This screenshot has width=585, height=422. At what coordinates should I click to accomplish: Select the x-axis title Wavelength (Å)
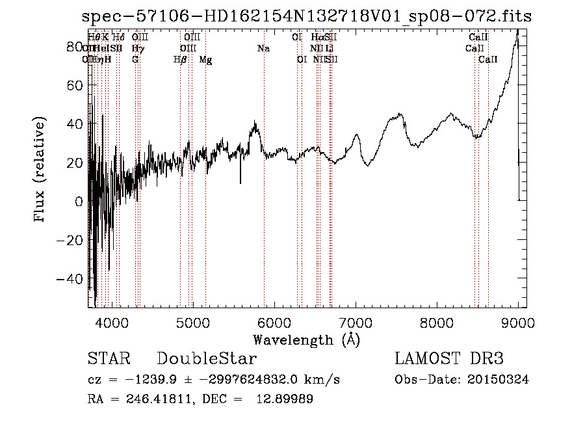[306, 339]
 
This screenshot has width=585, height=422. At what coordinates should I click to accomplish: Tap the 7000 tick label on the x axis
[356, 322]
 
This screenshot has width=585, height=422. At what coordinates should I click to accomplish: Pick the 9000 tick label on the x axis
[518, 322]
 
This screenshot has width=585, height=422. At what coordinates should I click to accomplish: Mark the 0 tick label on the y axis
[78, 202]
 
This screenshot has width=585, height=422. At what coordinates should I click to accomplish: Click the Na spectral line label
[263, 48]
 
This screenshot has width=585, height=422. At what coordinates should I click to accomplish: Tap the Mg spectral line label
[205, 60]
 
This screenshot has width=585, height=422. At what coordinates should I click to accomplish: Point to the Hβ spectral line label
[180, 60]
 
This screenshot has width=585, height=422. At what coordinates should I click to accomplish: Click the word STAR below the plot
[109, 359]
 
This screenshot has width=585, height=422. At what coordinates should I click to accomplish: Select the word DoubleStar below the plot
[207, 359]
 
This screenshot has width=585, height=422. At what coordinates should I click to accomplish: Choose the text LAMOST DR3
[449, 359]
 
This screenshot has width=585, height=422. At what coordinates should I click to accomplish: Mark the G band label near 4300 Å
[135, 60]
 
